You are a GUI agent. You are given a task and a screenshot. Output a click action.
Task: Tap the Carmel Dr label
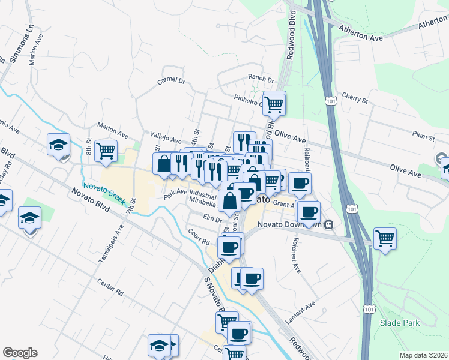[172, 80]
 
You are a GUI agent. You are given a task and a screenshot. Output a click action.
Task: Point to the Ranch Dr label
[261, 79]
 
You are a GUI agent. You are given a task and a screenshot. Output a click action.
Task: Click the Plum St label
[424, 137]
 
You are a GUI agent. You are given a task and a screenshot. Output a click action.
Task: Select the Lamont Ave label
[300, 314]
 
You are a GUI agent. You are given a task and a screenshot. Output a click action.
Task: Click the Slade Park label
[400, 323]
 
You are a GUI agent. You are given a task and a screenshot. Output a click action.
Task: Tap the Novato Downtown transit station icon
[329, 225]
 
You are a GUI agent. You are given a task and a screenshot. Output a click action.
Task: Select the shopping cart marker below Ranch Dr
[274, 103]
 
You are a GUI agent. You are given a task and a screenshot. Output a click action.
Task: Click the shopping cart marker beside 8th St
[106, 149]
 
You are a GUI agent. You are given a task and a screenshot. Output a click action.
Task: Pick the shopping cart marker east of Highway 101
[385, 237]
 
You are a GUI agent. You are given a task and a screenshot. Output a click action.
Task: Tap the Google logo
[20, 353]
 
